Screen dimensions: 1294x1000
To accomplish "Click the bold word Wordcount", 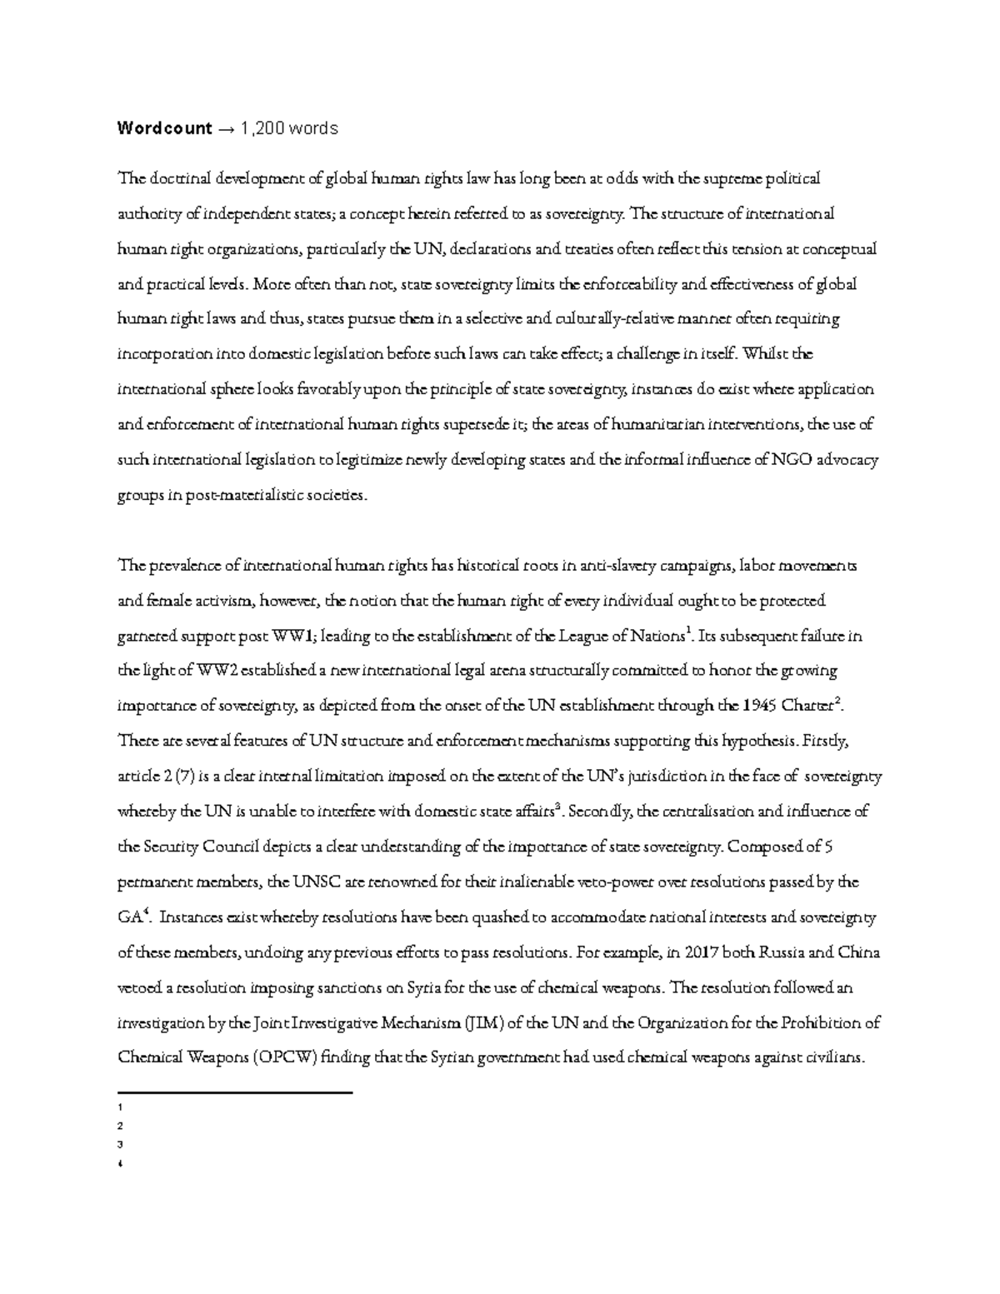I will pos(164,128).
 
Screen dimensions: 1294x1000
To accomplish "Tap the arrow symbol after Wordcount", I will pos(226,128).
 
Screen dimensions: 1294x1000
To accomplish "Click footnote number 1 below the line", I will pos(121,1108).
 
